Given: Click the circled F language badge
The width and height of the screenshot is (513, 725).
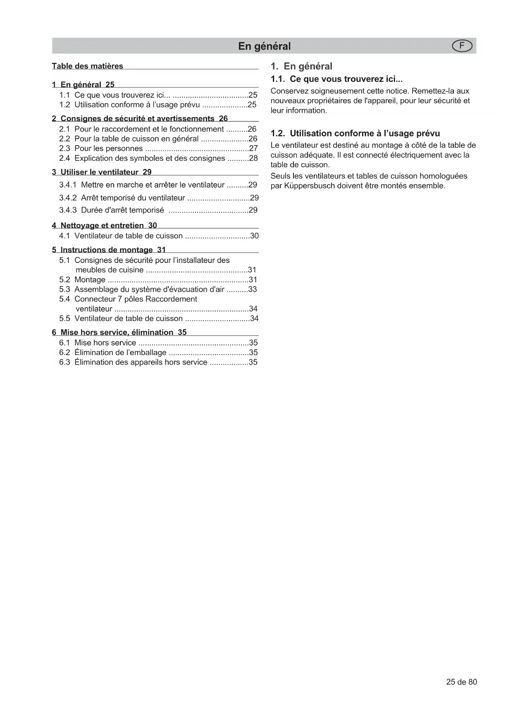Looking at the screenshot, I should (462, 46).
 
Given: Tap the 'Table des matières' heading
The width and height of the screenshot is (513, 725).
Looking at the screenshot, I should (87, 66).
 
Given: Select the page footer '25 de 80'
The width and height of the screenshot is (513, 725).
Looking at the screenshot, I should (461, 682).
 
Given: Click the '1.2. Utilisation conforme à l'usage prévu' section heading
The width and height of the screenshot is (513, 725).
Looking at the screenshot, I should (355, 134).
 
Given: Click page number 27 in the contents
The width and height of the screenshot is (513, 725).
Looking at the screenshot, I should (253, 149).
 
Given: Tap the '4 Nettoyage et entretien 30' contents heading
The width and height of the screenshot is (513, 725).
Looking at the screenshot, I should (104, 225).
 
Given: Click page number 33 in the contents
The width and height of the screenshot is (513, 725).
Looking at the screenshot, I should (252, 289).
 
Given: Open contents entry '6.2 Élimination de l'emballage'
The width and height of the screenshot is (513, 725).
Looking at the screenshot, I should (113, 353).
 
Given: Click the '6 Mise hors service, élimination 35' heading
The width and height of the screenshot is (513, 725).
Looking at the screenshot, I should (119, 332).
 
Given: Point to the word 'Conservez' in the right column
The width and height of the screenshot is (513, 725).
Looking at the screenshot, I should (288, 91).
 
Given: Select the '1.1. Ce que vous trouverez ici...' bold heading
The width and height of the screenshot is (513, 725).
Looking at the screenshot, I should (336, 79).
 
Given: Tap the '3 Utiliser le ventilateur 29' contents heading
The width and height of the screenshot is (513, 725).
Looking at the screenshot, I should (102, 172).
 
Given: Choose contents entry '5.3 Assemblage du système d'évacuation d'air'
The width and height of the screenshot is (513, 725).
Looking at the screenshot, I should (142, 289).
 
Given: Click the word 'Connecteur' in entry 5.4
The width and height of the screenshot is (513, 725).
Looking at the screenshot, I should (94, 299).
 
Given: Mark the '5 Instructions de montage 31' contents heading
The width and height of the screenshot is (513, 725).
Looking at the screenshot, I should (109, 250).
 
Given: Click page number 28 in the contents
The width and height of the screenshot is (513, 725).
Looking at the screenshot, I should (253, 158).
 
